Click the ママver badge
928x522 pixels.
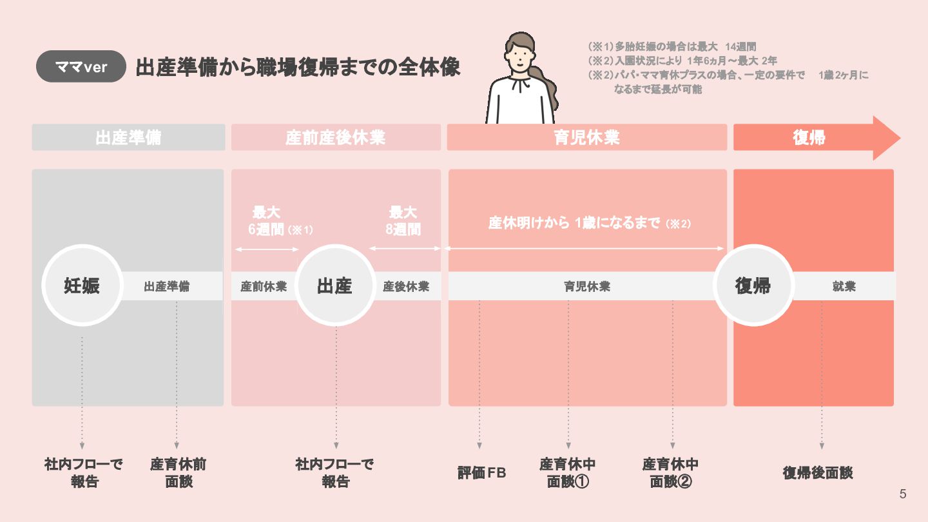pyautogui.click(x=81, y=66)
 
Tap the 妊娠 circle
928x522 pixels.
pyautogui.click(x=82, y=285)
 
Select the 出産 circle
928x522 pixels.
pyautogui.click(x=334, y=285)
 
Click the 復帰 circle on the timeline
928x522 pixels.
pyautogui.click(x=753, y=285)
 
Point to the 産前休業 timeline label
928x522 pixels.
pyautogui.click(x=264, y=286)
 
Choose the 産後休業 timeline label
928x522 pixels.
pyautogui.click(x=406, y=286)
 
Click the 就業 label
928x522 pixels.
pyautogui.click(x=844, y=286)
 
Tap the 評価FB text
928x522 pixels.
pyautogui.click(x=481, y=473)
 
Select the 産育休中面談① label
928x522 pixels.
pyautogui.click(x=568, y=472)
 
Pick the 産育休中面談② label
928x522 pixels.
pyautogui.click(x=671, y=472)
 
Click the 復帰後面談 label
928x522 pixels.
pyautogui.click(x=818, y=472)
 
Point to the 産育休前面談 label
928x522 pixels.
pyautogui.click(x=179, y=472)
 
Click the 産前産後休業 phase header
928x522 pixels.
pyautogui.click(x=336, y=137)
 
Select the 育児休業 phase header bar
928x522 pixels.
pyautogui.click(x=586, y=137)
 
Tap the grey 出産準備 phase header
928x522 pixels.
pyautogui.click(x=128, y=137)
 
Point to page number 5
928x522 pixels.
pyautogui.click(x=903, y=494)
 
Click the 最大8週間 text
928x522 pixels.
pyautogui.click(x=403, y=221)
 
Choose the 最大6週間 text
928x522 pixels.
pyautogui.click(x=267, y=221)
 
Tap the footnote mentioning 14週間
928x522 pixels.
pyautogui.click(x=672, y=47)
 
